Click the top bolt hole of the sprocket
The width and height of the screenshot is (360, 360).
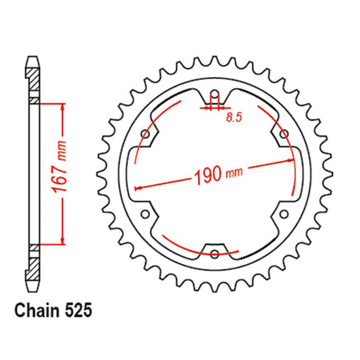point(215,95)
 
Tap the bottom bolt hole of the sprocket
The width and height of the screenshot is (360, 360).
point(215,254)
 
